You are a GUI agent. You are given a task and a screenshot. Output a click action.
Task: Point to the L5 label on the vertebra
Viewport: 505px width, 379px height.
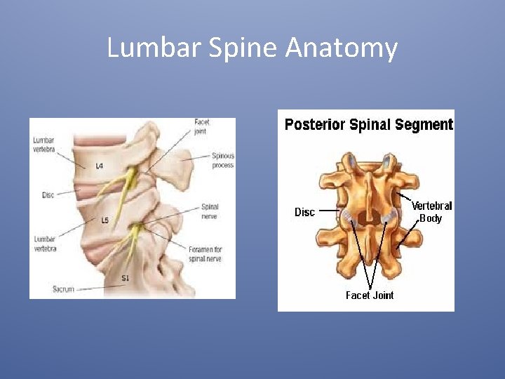click(x=105, y=220)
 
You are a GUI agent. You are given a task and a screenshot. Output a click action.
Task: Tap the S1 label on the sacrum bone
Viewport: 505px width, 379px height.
click(x=125, y=279)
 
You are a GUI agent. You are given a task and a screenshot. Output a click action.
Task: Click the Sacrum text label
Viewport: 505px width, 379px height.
click(x=63, y=289)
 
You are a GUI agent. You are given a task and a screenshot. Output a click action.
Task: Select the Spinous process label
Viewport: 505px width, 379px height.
click(x=223, y=161)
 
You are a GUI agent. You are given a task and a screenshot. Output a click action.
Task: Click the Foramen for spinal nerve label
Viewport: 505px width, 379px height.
click(x=206, y=254)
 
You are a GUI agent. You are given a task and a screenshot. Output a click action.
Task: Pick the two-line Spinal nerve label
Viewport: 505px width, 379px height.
click(x=210, y=211)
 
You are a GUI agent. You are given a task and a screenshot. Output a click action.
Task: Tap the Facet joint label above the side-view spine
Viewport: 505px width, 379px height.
click(x=202, y=126)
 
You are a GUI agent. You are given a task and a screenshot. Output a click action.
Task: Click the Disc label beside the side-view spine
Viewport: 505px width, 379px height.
click(x=48, y=195)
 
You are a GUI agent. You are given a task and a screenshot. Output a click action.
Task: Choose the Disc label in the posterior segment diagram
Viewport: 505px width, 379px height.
click(x=304, y=212)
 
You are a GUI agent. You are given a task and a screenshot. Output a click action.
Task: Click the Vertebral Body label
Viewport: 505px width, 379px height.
click(x=431, y=212)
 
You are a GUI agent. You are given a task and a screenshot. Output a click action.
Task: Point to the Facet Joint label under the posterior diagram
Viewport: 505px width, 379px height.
click(x=370, y=295)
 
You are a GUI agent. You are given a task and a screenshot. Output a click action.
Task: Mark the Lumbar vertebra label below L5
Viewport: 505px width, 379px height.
click(x=45, y=244)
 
